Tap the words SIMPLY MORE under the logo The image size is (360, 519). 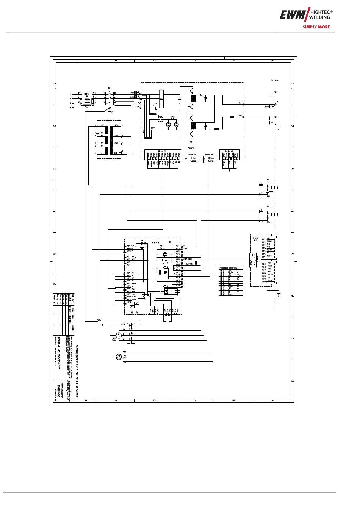(316, 27)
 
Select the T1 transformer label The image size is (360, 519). (109, 123)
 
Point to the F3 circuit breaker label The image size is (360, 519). (268, 180)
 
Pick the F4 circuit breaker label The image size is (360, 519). (268, 207)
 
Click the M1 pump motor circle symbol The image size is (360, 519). (119, 335)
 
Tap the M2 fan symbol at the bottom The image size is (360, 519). (119, 357)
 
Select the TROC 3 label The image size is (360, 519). (191, 148)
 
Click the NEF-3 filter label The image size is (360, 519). (86, 93)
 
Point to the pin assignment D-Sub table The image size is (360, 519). (231, 281)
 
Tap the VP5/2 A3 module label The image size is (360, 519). (255, 239)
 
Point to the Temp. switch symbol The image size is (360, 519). (161, 119)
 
